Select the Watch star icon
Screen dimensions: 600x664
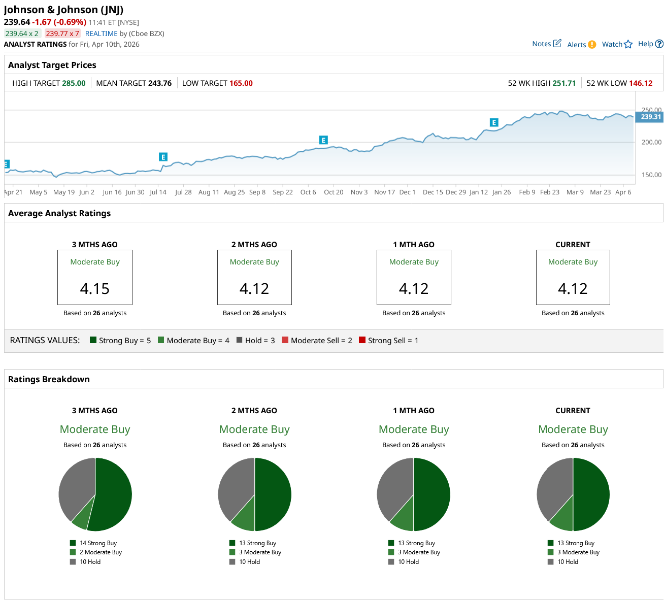tap(628, 44)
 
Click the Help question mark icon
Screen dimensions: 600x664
tap(659, 44)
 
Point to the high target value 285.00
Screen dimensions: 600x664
tap(74, 83)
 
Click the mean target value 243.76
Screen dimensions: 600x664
tap(159, 83)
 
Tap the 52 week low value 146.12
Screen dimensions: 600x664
tap(641, 83)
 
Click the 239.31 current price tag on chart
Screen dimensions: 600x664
tap(650, 117)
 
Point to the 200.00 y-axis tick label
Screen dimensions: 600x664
tap(651, 142)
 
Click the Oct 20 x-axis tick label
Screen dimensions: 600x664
tap(334, 192)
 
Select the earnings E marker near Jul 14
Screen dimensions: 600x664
tap(163, 157)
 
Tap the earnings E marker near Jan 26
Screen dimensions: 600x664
tap(494, 122)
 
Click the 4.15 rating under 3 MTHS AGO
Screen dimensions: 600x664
tap(95, 289)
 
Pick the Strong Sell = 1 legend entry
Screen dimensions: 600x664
tap(388, 341)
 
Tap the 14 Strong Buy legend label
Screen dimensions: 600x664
tap(98, 543)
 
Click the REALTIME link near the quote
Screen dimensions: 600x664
tap(101, 34)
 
